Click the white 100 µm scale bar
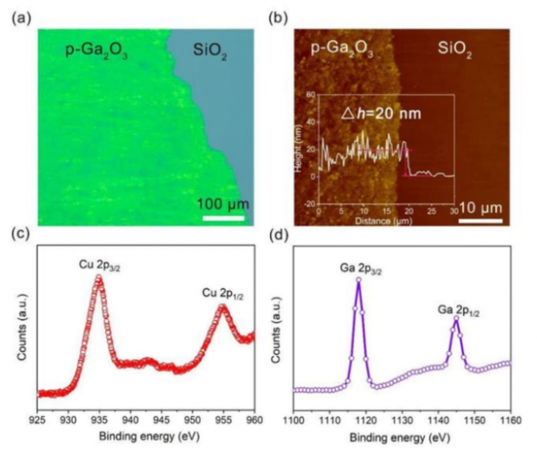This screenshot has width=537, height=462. (223, 216)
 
